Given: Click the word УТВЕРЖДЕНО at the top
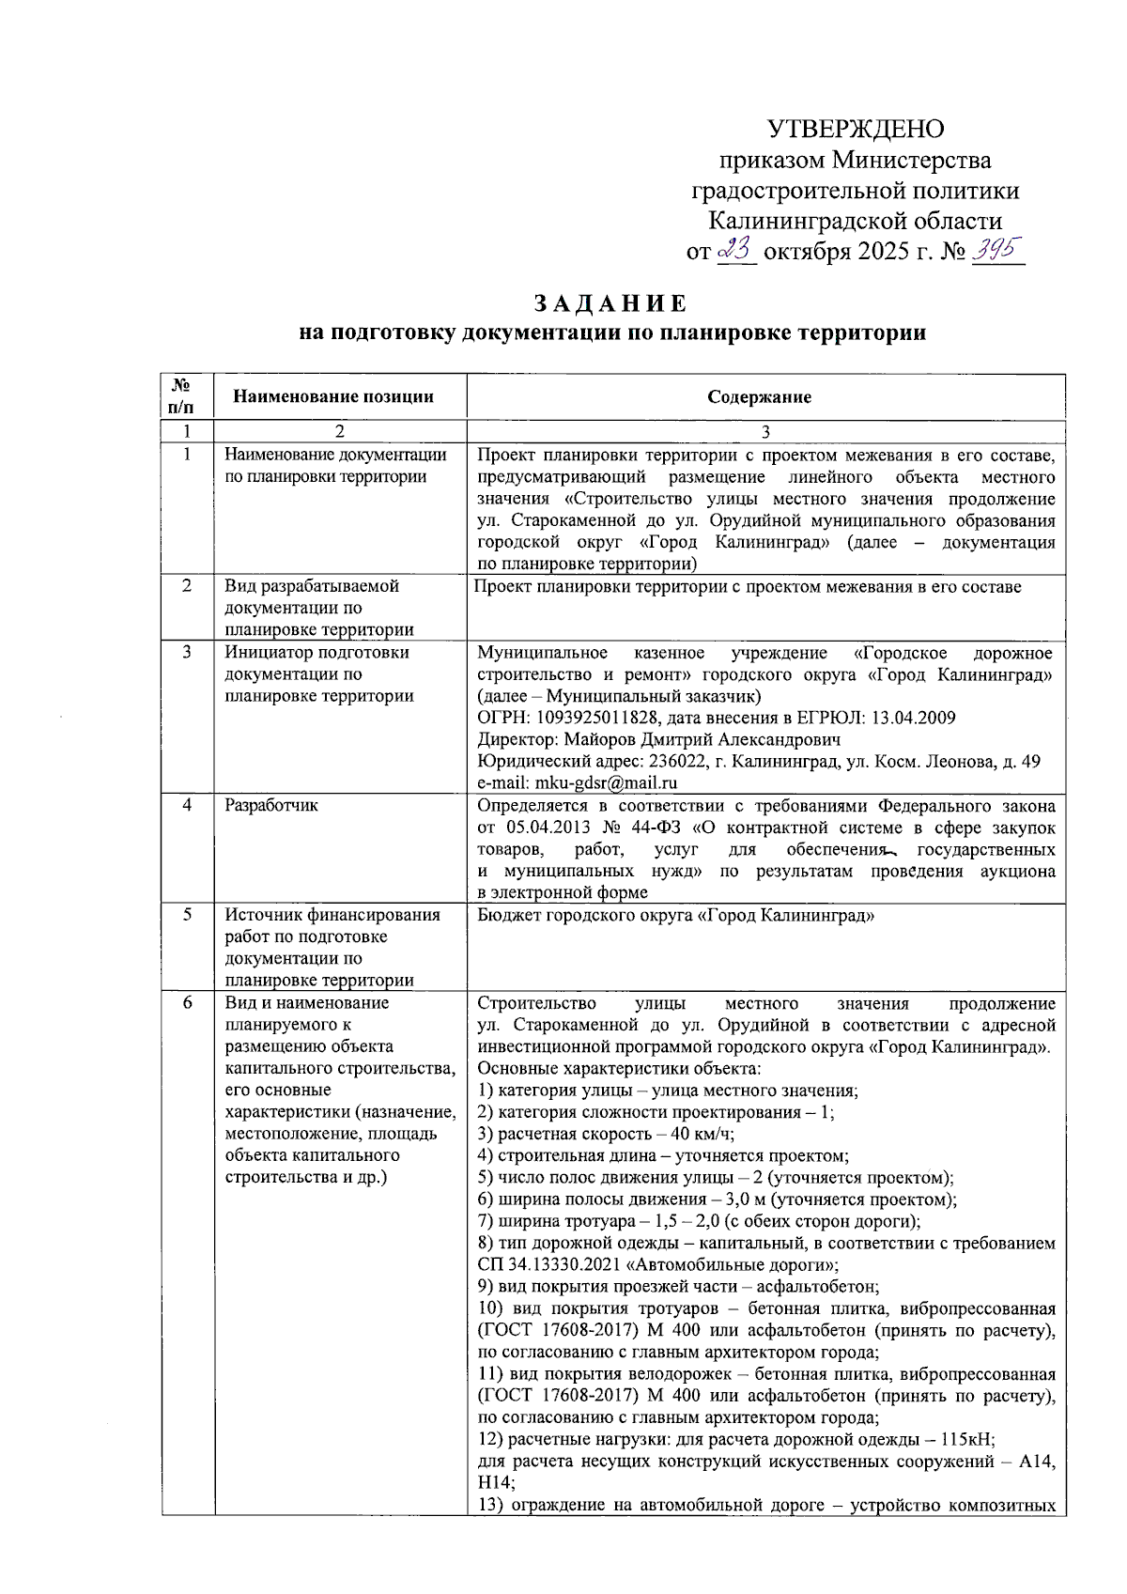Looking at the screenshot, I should tap(856, 129).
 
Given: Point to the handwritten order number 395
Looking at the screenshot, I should tap(997, 250).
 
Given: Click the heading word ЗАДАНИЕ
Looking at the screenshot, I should tap(611, 304).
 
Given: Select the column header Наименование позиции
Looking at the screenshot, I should tap(333, 396).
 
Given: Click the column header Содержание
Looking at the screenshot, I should tap(759, 396).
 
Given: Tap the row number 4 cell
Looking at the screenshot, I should tap(187, 805).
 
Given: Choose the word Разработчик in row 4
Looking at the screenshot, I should tap(271, 805).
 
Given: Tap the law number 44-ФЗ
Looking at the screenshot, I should tap(654, 828).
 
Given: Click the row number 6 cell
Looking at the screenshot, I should tap(187, 1002).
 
